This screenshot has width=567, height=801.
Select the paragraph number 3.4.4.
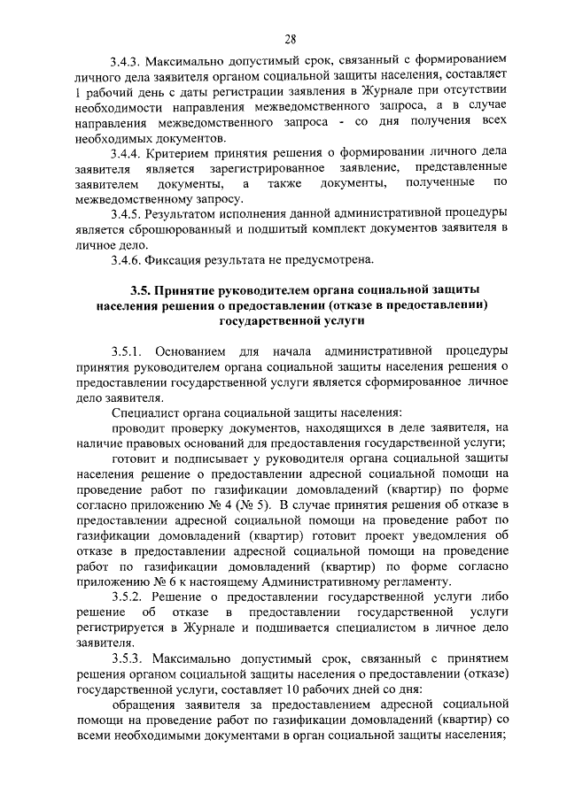point(128,152)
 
